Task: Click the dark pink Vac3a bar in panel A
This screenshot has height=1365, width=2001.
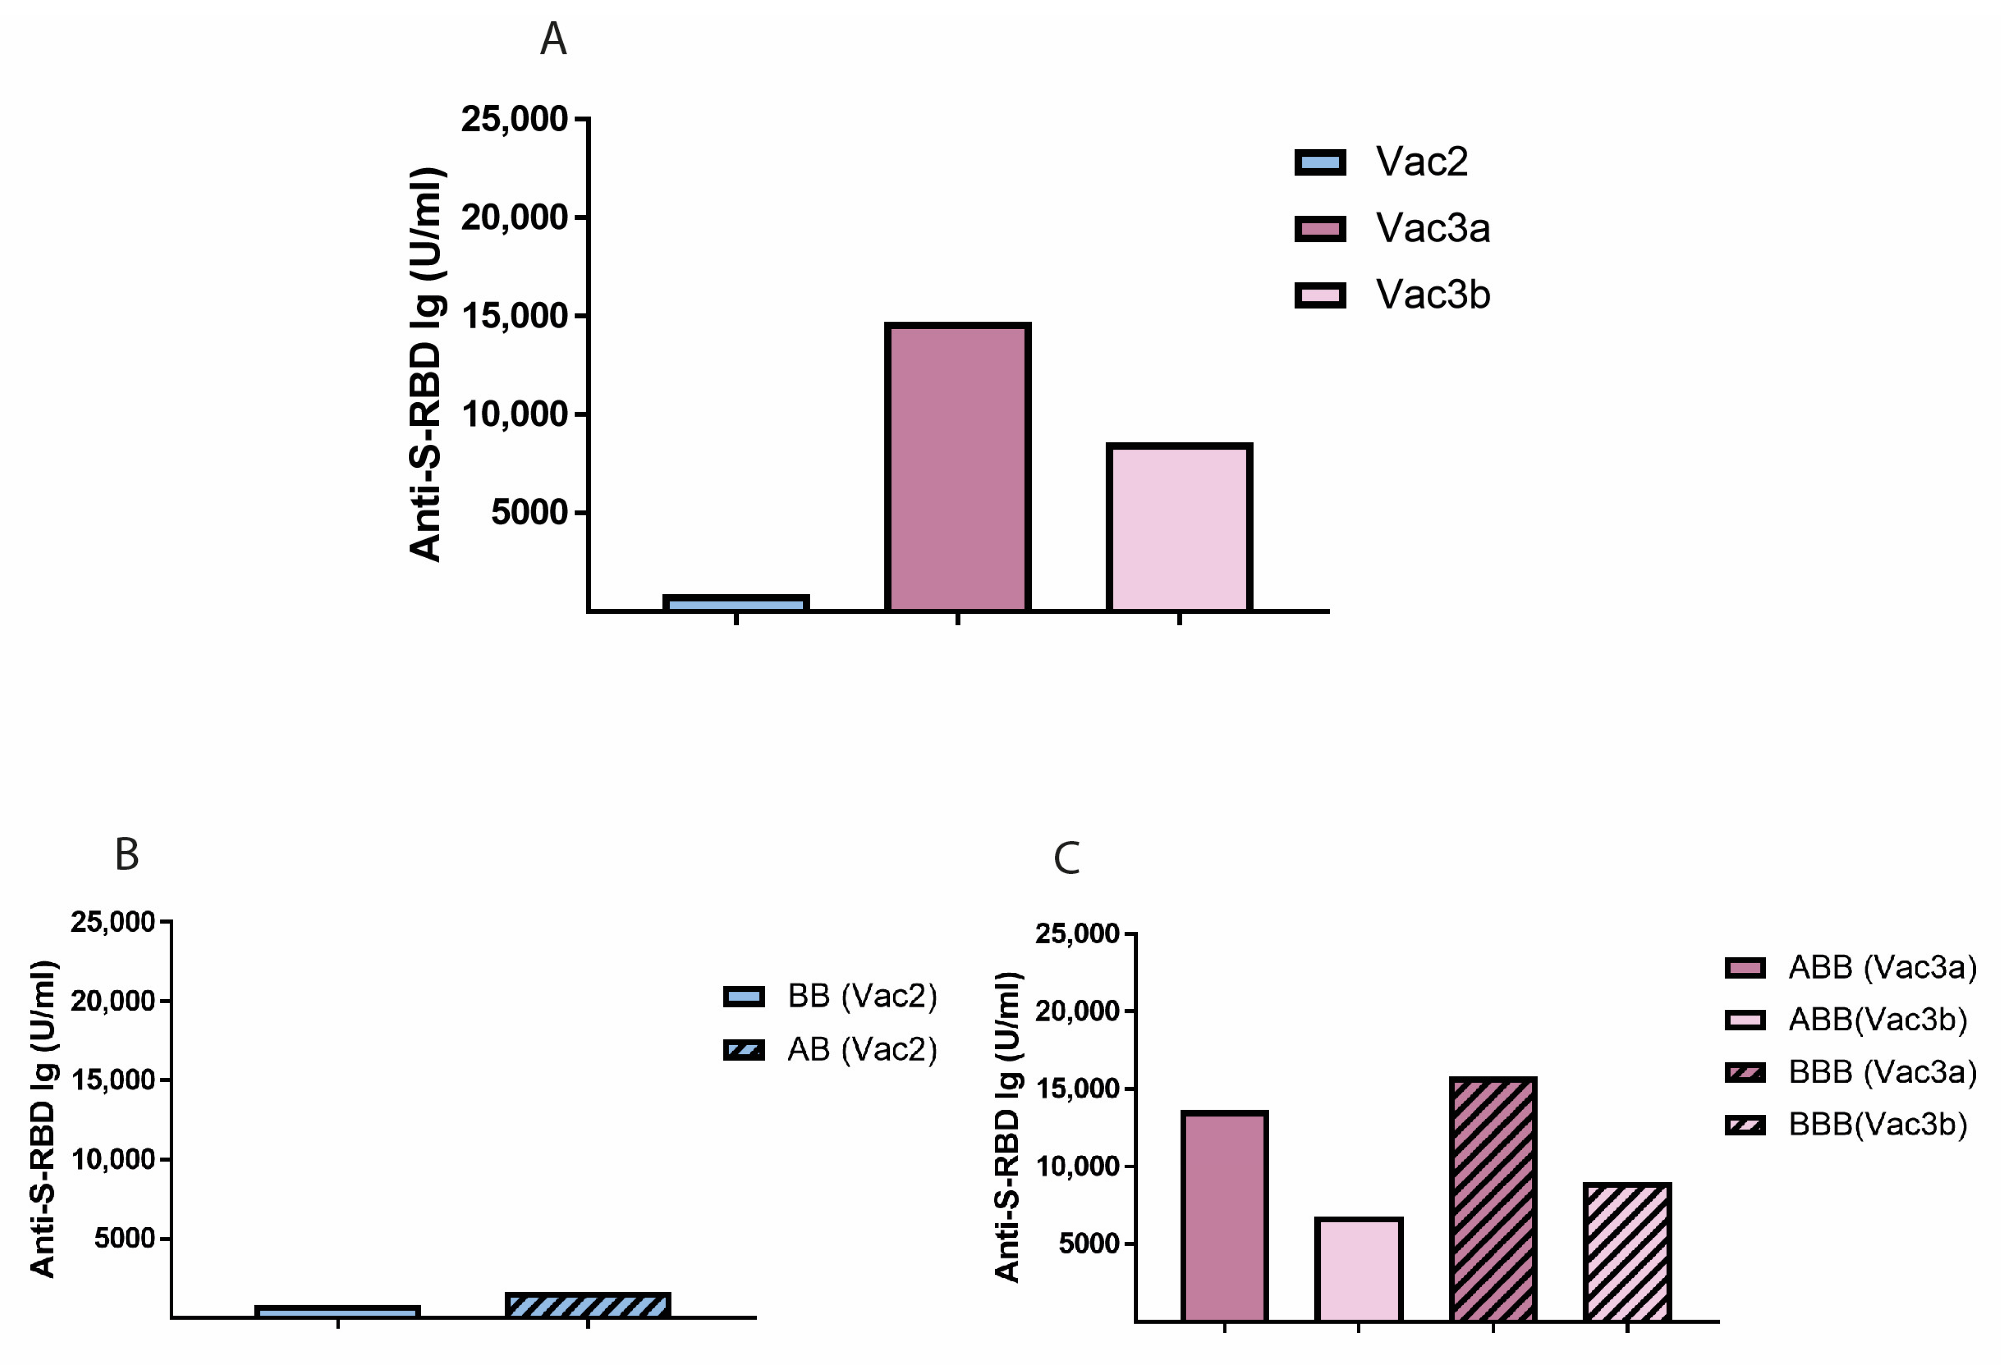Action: click(x=958, y=468)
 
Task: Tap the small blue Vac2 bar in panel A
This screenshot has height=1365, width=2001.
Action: click(x=736, y=603)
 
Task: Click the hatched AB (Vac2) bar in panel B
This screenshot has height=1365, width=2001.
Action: click(x=588, y=1305)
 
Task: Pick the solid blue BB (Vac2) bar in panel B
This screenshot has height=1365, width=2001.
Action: click(x=337, y=1311)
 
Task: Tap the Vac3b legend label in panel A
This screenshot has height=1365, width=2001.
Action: click(x=1433, y=294)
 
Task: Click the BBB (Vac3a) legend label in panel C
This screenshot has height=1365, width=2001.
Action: click(x=1882, y=1072)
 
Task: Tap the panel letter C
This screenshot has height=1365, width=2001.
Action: click(x=1066, y=859)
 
